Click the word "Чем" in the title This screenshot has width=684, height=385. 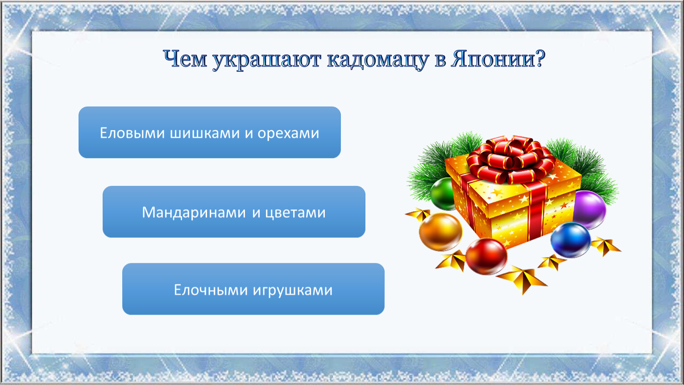pos(185,58)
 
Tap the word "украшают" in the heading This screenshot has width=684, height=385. pos(266,60)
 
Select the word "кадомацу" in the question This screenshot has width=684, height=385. pos(378,60)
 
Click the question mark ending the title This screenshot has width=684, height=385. pos(540,58)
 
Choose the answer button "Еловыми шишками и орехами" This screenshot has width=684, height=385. pos(209,132)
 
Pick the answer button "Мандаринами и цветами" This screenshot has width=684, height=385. pos(234,212)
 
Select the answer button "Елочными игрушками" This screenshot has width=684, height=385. pos(253,289)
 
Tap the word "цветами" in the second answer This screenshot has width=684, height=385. pos(295,213)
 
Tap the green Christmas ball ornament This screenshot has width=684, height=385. pos(443,193)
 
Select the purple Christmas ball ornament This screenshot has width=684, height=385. pos(590,209)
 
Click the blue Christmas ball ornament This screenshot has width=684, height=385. pos(570,240)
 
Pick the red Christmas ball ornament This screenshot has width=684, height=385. pos(486,256)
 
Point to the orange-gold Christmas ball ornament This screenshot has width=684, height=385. pos(440,232)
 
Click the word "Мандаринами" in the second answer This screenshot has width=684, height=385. pos(194,213)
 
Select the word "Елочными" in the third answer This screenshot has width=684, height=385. pos(211,290)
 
